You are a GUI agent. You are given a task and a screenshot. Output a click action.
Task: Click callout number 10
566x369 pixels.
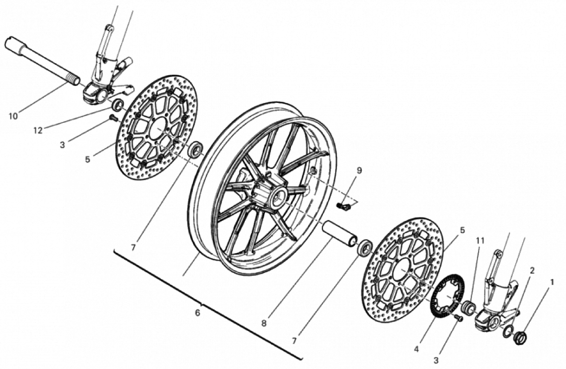(x=13, y=116)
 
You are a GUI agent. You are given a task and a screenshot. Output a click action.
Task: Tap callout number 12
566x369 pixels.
(x=38, y=130)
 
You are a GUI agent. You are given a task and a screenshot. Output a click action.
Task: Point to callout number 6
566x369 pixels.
(x=197, y=313)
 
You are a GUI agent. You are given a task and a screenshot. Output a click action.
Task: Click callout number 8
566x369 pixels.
(x=264, y=323)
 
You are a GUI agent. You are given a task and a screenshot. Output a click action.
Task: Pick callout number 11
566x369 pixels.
(x=480, y=240)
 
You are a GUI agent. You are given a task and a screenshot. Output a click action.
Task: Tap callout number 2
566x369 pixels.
(x=532, y=271)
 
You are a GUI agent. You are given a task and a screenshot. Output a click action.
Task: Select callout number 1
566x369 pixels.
(x=551, y=281)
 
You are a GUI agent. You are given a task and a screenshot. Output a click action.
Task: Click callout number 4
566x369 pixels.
(x=416, y=349)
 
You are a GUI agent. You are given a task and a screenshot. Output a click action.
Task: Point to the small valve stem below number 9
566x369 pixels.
(x=344, y=206)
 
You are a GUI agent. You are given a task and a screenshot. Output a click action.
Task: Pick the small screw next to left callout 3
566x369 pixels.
(x=113, y=117)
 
